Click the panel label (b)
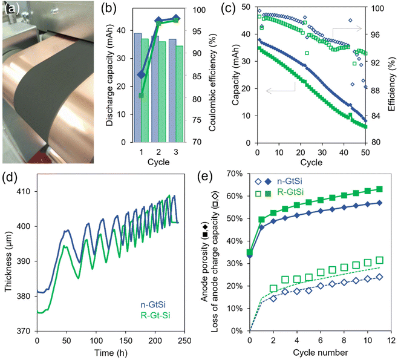click(x=109, y=8)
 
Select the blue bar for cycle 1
click(x=138, y=88)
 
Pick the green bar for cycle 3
click(x=180, y=94)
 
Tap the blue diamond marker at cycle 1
click(x=141, y=74)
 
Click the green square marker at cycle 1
click(x=141, y=96)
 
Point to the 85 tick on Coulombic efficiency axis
click(x=197, y=76)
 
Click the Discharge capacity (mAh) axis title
click(x=109, y=75)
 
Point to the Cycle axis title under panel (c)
click(x=311, y=162)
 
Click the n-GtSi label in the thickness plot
click(x=153, y=305)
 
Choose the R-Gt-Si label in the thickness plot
click(x=155, y=315)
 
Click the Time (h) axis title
click(x=111, y=353)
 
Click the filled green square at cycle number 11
click(x=379, y=189)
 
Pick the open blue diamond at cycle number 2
click(x=273, y=298)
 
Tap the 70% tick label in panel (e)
click(x=235, y=174)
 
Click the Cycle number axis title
click(x=321, y=352)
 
